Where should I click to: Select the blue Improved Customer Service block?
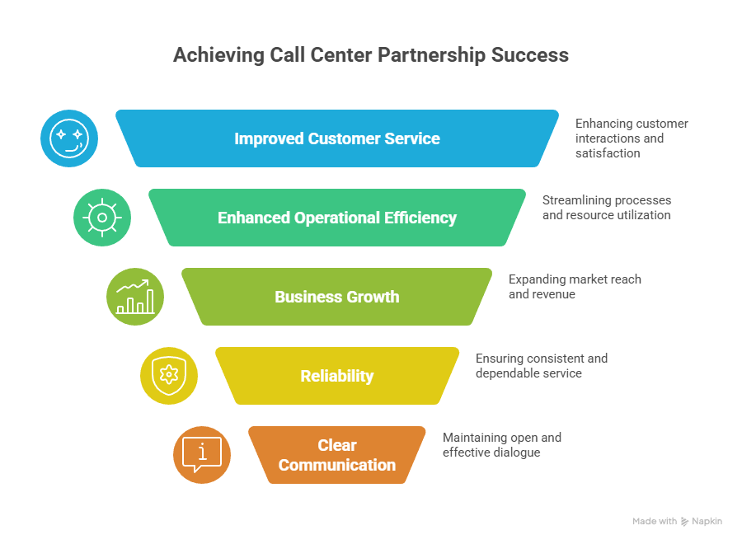336,138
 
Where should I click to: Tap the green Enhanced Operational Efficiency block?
336,218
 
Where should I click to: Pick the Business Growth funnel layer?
336,297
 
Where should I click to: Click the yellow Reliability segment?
336,376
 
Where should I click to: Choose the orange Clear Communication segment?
336,455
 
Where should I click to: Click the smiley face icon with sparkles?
69,138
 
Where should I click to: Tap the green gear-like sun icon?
102,218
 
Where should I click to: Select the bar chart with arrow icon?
135,297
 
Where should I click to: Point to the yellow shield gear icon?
168,376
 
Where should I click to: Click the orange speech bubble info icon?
202,454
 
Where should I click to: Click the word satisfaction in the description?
608,153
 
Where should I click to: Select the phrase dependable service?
528,373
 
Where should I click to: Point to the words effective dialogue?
491,453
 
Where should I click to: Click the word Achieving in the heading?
217,55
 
